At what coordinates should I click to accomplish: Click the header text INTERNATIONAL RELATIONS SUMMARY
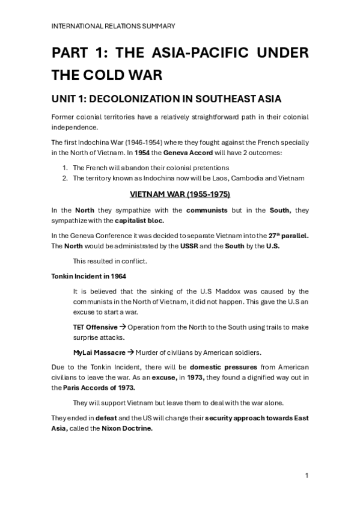click(x=113, y=26)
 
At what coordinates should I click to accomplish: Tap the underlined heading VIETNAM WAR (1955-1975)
click(x=180, y=195)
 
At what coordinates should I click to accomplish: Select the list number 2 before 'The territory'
click(x=66, y=177)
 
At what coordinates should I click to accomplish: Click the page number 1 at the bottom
click(x=307, y=476)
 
